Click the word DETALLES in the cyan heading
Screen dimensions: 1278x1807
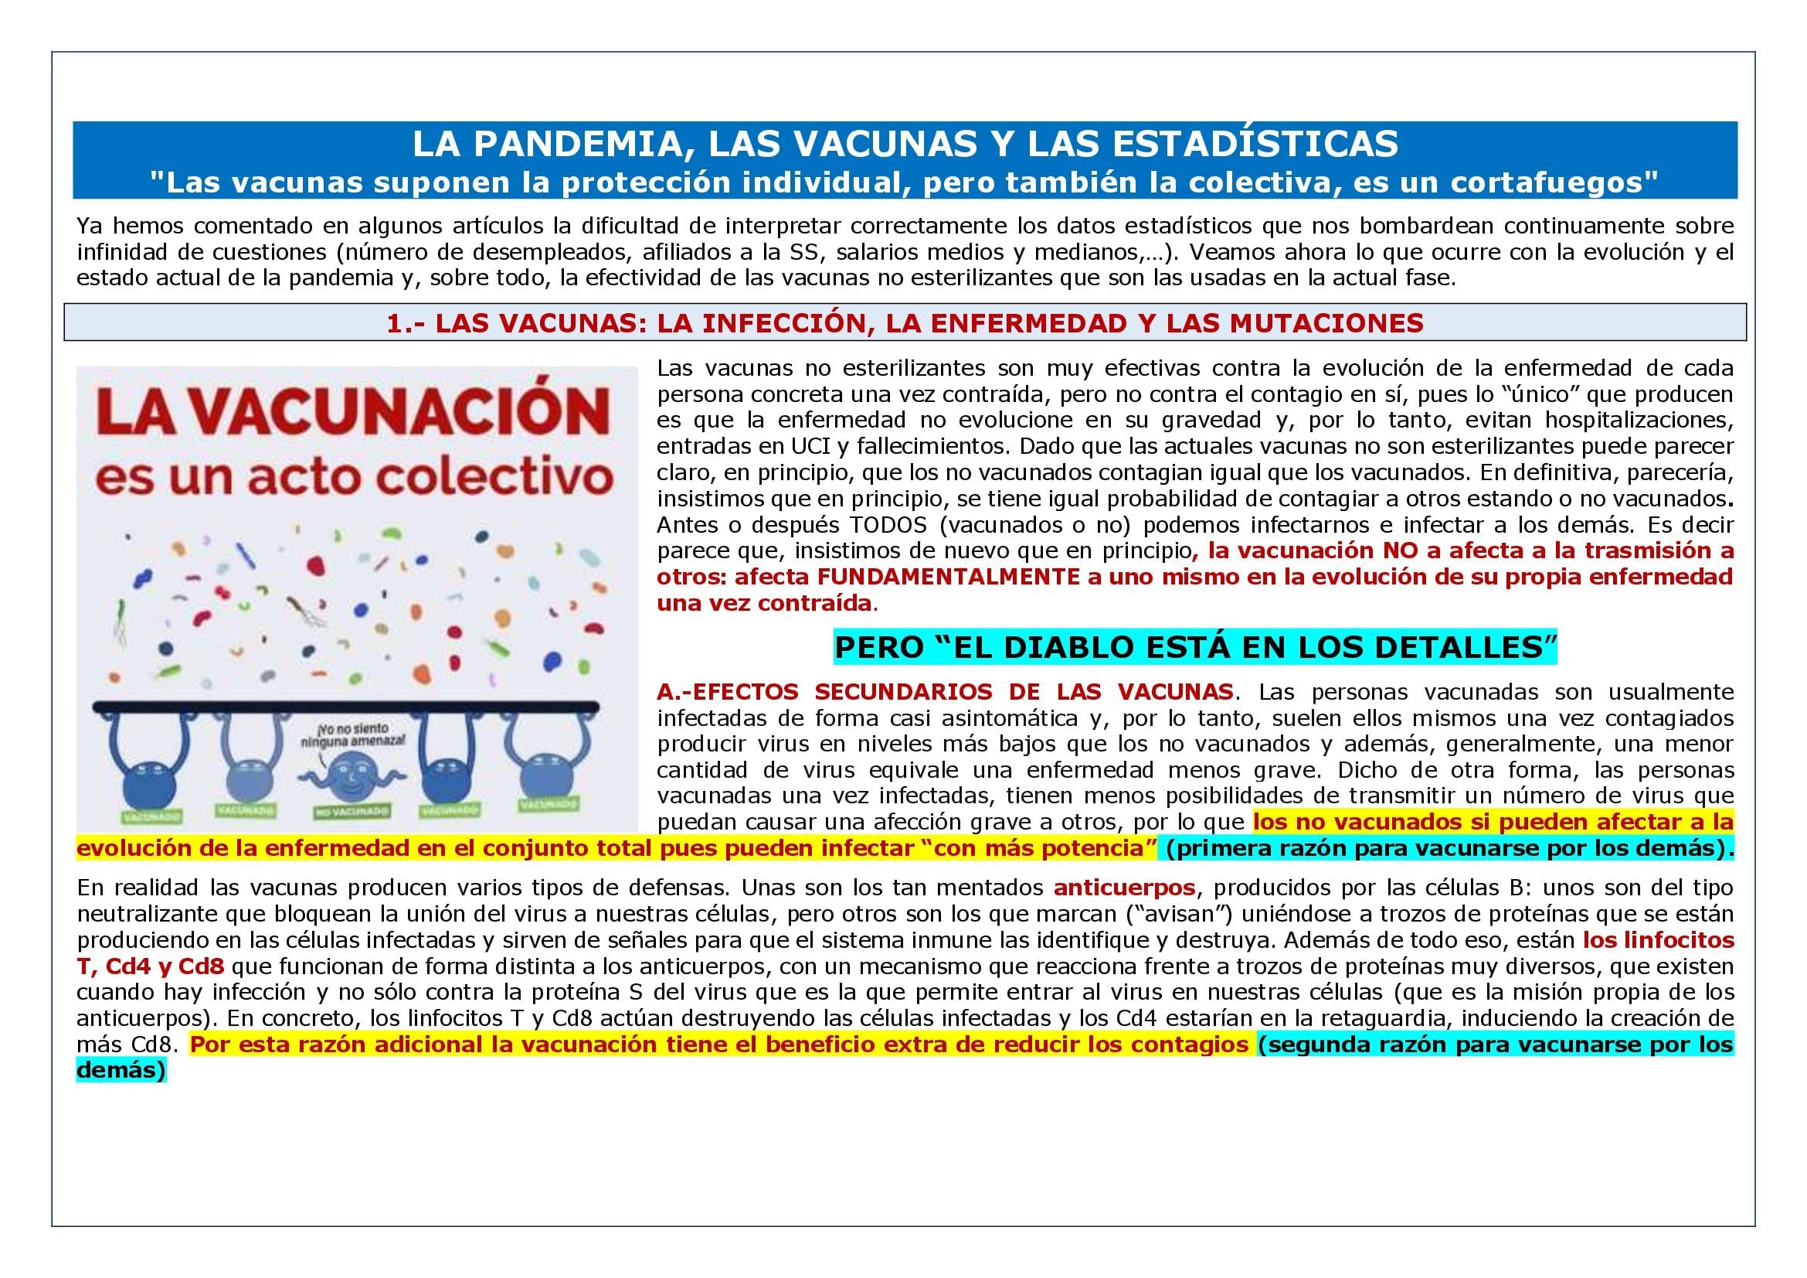pyautogui.click(x=1465, y=646)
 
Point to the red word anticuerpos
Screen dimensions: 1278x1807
pyautogui.click(x=1125, y=888)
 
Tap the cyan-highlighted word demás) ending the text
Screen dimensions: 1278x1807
pyautogui.click(x=121, y=1071)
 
